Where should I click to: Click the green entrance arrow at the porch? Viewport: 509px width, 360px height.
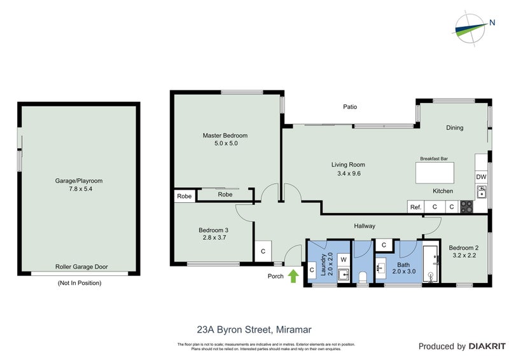(293, 276)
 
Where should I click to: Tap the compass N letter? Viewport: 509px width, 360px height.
(492, 24)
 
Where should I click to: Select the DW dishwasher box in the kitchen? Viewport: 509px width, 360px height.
(481, 177)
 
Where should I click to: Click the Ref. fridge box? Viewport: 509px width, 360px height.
(415, 207)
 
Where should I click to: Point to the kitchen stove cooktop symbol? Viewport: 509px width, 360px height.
(466, 207)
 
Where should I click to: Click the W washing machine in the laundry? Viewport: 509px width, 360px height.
(342, 260)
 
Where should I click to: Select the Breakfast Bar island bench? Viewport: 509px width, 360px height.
(436, 173)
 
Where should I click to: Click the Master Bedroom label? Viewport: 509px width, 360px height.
(225, 135)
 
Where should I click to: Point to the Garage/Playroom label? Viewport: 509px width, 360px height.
(78, 181)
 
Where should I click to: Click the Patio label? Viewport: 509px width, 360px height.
(350, 107)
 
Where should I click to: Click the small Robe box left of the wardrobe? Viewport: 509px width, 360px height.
(185, 197)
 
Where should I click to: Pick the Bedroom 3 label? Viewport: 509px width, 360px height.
(213, 230)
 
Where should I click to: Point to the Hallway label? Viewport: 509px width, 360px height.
(365, 226)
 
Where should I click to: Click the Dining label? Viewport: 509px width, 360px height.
(454, 128)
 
